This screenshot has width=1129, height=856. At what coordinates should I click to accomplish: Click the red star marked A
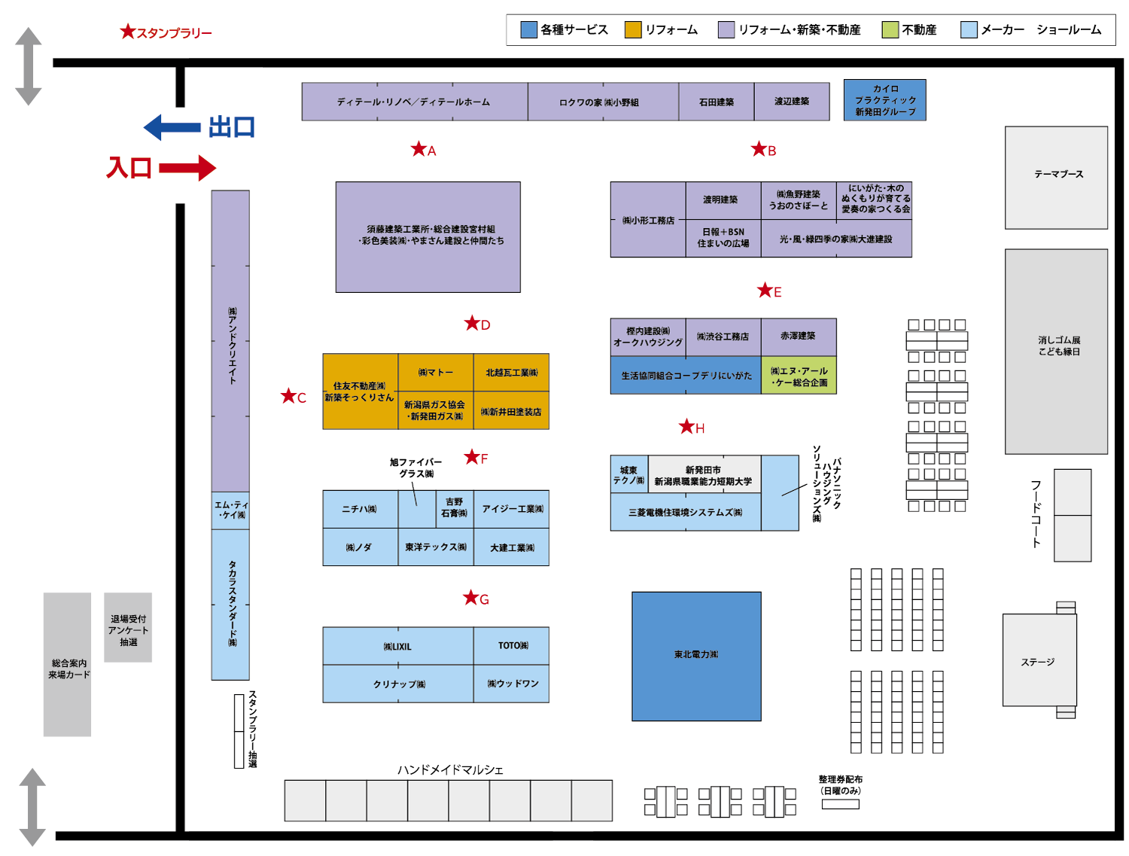tap(418, 149)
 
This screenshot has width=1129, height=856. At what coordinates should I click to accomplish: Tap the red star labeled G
tap(471, 598)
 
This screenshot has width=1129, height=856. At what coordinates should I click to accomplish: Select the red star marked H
tap(686, 427)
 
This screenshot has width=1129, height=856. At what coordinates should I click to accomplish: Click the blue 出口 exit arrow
tap(172, 127)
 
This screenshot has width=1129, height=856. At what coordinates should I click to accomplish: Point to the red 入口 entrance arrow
tap(187, 168)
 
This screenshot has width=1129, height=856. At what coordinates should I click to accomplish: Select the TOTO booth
tap(512, 646)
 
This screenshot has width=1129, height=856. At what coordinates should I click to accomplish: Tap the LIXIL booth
tap(398, 646)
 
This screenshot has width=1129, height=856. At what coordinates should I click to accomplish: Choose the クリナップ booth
tap(398, 684)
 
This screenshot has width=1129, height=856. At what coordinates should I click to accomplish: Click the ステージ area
tap(1039, 661)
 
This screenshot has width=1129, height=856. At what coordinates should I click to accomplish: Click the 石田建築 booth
tap(717, 102)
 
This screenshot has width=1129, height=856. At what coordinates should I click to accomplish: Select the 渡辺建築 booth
tap(792, 102)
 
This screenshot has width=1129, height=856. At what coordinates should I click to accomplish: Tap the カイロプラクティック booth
tap(885, 100)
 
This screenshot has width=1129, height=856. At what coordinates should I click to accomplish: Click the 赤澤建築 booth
tap(798, 337)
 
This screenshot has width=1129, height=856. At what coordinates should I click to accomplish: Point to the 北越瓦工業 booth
tap(512, 373)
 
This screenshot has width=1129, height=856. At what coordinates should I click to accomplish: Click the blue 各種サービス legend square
tap(528, 30)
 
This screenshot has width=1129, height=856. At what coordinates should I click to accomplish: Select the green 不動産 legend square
tap(890, 30)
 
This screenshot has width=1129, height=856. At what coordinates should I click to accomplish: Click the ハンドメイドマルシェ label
tap(450, 769)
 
